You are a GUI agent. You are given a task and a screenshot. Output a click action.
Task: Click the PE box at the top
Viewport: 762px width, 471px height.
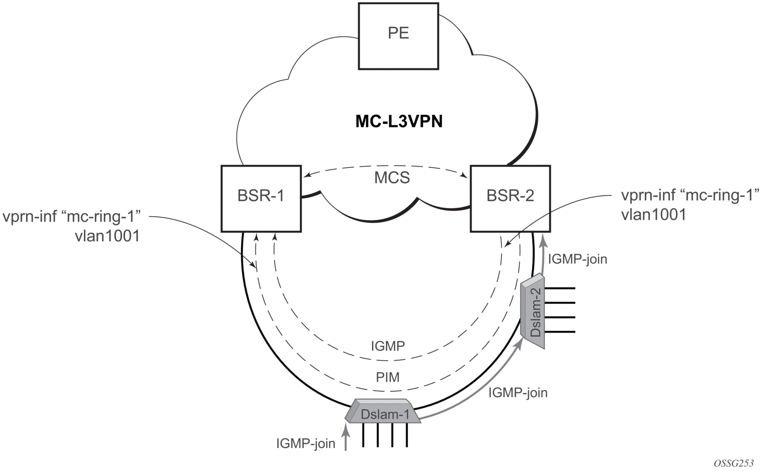tap(398, 34)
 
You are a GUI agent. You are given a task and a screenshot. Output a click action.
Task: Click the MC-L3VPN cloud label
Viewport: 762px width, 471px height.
tap(399, 121)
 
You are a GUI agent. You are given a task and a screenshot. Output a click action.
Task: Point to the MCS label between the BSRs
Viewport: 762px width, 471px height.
tap(392, 178)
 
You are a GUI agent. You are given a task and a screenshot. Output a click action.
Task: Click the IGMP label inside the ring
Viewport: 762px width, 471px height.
tap(388, 346)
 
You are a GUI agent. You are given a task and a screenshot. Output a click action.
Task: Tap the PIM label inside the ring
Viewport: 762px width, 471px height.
tap(387, 377)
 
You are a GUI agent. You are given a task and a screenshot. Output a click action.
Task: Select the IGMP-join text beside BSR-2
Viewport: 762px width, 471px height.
tap(577, 259)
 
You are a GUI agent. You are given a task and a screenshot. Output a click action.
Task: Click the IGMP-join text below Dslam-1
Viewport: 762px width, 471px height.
tap(306, 444)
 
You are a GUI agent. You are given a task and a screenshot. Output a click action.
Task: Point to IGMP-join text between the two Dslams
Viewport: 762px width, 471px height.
tap(518, 393)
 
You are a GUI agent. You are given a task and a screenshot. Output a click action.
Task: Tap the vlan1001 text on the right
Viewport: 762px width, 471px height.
tap(653, 214)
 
